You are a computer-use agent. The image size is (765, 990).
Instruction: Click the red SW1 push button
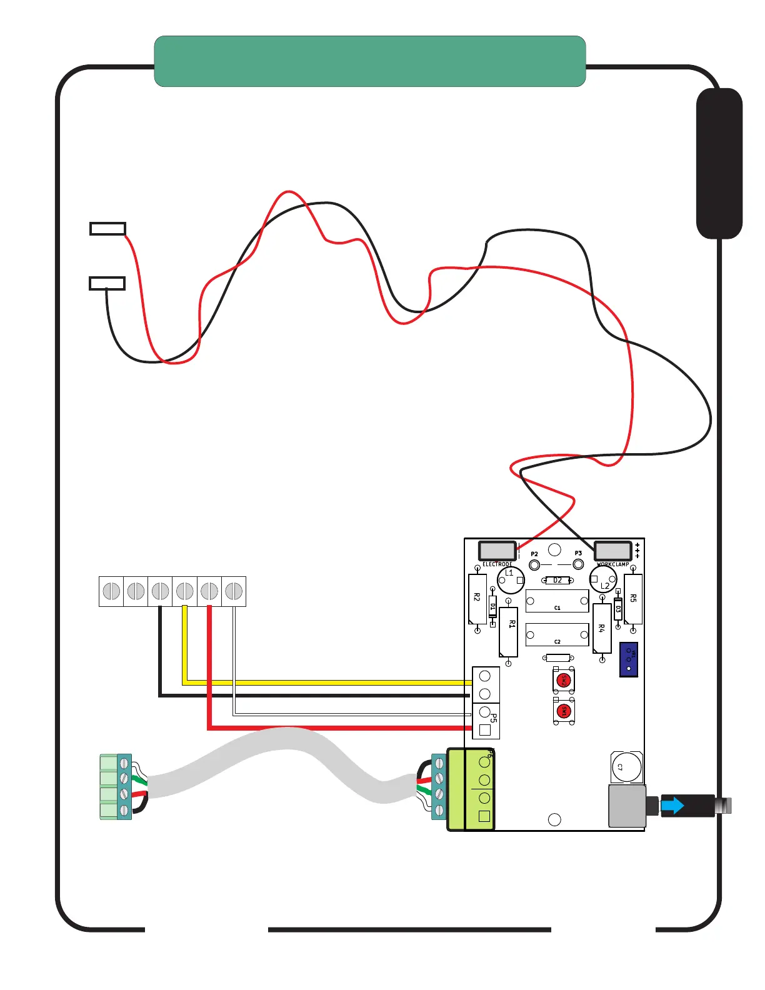pos(564,711)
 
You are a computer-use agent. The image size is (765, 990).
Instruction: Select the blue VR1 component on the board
pos(629,659)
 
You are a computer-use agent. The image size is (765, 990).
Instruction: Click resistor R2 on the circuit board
pos(477,599)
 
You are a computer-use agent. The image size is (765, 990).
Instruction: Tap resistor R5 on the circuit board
pos(633,599)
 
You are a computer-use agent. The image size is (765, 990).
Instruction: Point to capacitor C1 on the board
pos(557,601)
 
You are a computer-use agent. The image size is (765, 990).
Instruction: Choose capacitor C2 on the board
pos(557,635)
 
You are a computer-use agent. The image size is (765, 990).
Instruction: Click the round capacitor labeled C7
pos(627,767)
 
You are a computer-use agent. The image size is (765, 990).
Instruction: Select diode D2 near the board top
pos(557,581)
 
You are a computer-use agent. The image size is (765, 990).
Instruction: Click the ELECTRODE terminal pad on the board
pos(497,551)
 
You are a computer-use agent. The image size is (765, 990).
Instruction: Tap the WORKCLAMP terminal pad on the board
pos(612,551)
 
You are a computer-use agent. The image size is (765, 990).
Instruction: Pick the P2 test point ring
pos(534,565)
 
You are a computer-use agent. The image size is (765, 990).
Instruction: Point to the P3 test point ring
pos(578,564)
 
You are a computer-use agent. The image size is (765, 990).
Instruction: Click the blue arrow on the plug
pos(672,806)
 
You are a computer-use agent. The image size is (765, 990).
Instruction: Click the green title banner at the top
pos(369,61)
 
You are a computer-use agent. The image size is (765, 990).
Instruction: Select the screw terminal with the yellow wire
pos(184,591)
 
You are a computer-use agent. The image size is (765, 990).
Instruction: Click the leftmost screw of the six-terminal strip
pos(111,591)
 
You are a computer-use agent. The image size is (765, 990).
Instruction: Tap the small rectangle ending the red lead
pos(107,229)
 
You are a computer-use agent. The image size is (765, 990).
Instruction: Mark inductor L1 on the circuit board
pos(511,580)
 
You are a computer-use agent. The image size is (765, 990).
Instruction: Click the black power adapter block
pos(719,164)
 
